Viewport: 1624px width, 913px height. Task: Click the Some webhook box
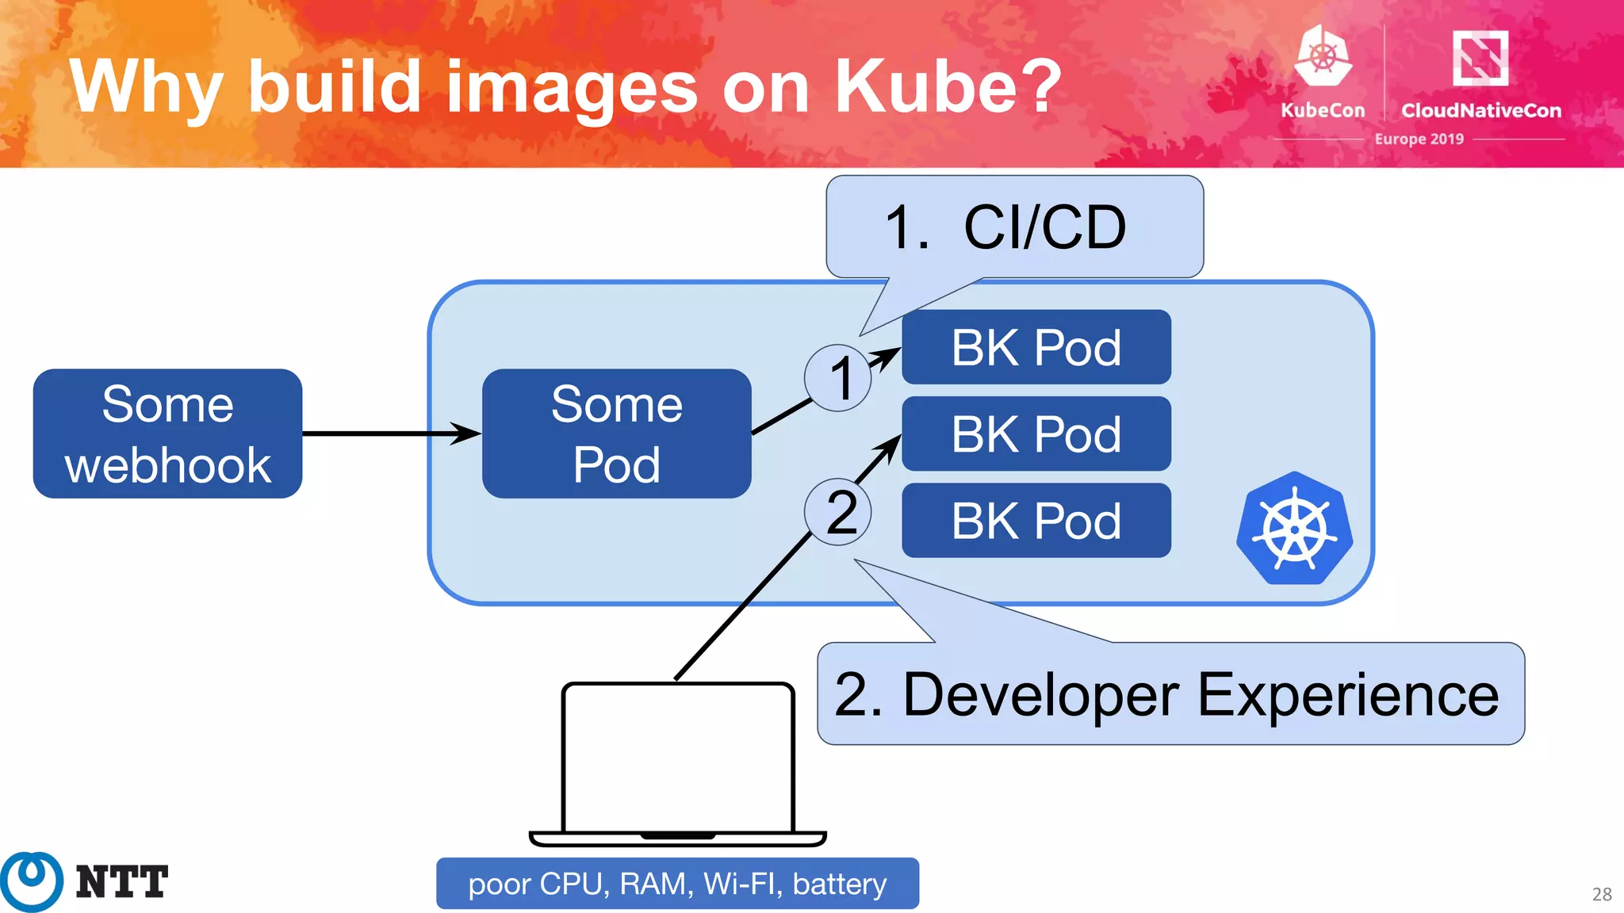[167, 434]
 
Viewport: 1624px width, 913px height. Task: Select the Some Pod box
[616, 434]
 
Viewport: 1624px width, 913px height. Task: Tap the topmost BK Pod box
[1036, 347]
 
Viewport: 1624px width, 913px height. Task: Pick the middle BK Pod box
[1036, 434]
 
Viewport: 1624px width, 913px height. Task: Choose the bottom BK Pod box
[1036, 521]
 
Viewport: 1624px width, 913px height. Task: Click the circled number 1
[838, 378]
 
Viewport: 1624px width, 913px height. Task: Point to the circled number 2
[838, 512]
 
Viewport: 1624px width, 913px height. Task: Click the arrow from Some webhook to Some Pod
[389, 434]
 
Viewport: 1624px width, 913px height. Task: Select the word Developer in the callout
[1041, 695]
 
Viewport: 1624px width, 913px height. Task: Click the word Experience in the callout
[1347, 695]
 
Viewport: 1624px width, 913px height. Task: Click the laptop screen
[677, 757]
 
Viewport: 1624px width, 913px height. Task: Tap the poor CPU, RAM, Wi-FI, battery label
[677, 884]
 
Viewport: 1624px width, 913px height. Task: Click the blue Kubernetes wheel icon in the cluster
[1294, 529]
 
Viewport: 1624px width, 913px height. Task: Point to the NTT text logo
[121, 882]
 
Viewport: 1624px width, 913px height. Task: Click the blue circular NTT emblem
[32, 881]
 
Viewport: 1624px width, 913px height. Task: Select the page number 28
[1601, 895]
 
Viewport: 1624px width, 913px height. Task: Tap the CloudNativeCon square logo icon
[1480, 58]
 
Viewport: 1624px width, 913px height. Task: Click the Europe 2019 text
[1419, 139]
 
